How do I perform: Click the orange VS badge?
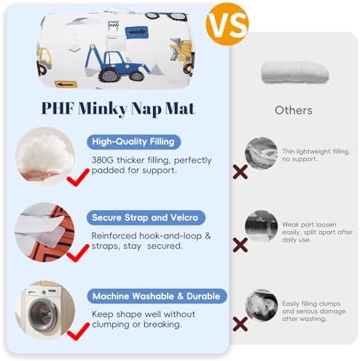227,24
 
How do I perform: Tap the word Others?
294,110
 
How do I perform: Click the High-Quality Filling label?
133,142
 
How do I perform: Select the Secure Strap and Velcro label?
146,217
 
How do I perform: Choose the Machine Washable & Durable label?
157,296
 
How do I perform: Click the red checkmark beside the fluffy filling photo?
78,177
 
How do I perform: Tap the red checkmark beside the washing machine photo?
78,331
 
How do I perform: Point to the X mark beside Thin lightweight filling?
240,172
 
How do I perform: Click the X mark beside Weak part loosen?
240,245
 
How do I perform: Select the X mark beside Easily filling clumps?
240,324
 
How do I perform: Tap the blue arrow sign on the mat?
136,32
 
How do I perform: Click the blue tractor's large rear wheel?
109,76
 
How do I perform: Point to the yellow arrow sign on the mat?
66,84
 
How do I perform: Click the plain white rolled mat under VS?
295,72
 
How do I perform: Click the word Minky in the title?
103,108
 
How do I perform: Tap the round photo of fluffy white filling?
45,155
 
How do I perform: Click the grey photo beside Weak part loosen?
261,225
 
